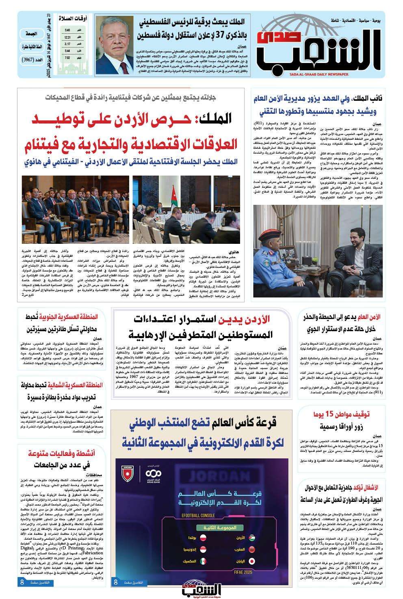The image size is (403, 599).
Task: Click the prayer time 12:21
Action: pyautogui.click(x=67, y=38)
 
